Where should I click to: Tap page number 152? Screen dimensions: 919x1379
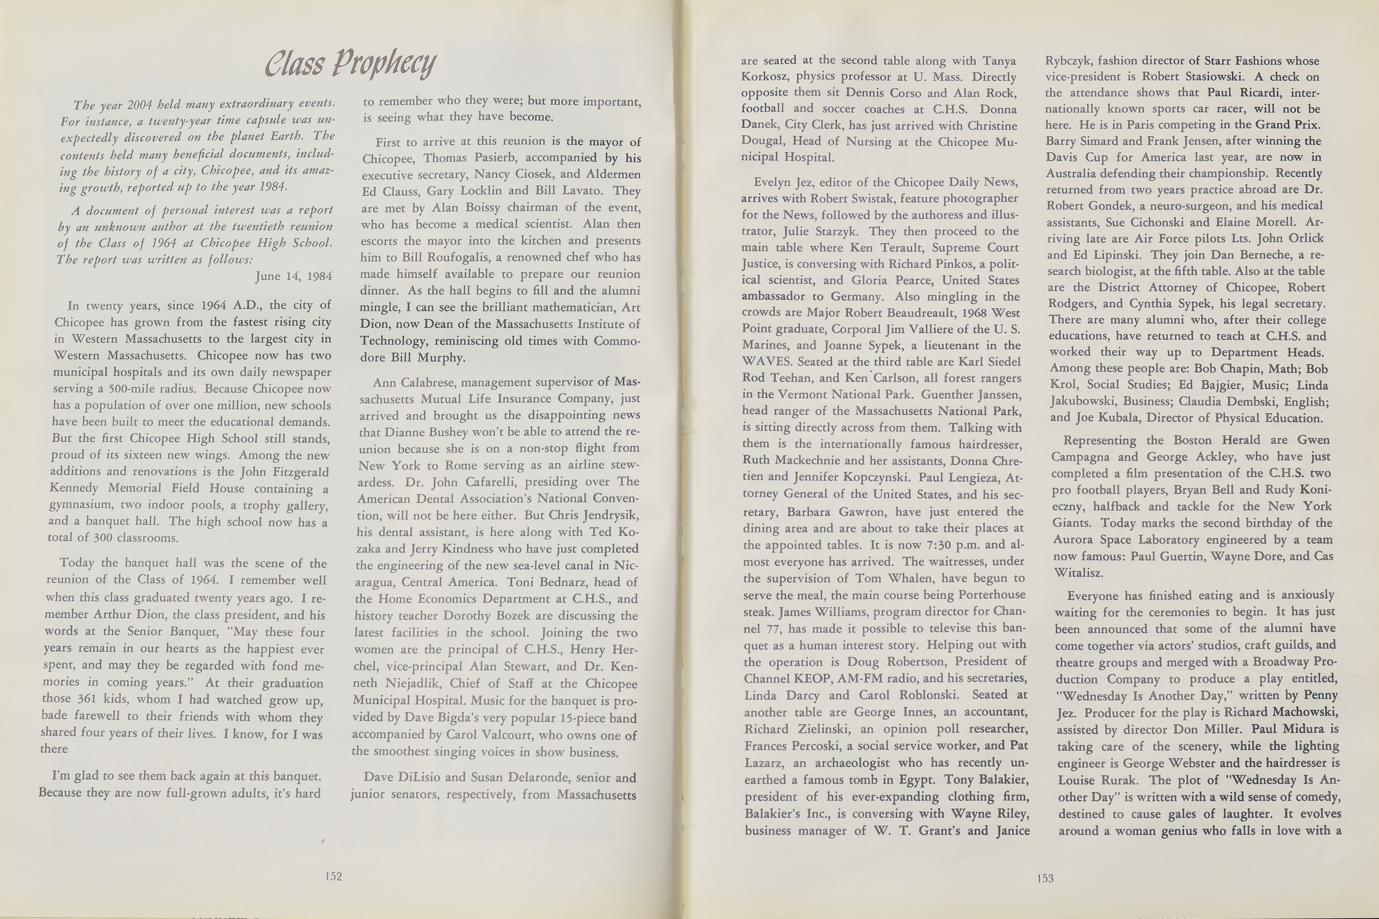click(333, 876)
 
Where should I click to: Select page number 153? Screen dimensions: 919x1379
click(1045, 877)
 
